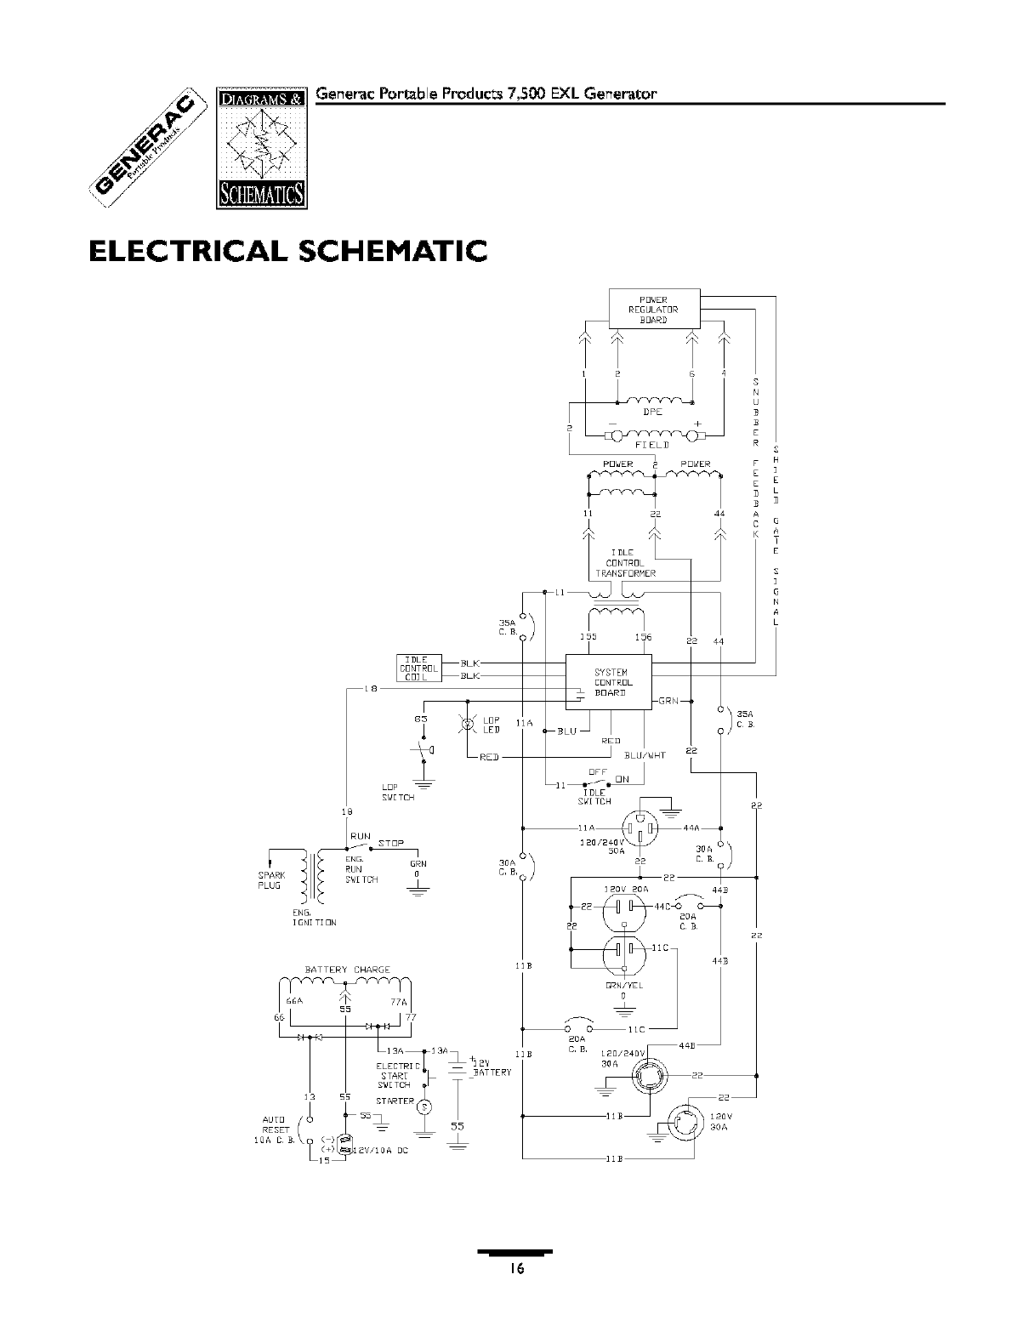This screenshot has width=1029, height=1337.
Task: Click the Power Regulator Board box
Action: tap(653, 309)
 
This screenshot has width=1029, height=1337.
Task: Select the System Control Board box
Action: tap(609, 682)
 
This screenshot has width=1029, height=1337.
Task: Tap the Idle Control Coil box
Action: tap(418, 668)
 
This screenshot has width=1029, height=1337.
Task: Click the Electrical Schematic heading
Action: tap(288, 252)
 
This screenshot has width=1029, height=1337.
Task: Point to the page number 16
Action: tap(514, 1269)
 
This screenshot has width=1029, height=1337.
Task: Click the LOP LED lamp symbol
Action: tap(466, 725)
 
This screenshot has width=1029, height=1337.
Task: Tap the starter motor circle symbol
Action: tap(425, 1107)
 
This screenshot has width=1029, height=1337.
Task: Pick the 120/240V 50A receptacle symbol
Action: tap(639, 828)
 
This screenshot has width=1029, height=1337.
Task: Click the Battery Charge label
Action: tap(347, 970)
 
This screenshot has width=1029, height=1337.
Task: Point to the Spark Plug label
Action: tap(271, 880)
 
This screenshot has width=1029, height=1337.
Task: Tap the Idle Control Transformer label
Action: tap(624, 563)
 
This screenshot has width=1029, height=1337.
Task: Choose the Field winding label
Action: tap(652, 445)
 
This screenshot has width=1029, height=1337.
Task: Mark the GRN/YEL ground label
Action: tap(623, 986)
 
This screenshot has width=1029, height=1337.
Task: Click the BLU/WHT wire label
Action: tap(645, 755)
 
